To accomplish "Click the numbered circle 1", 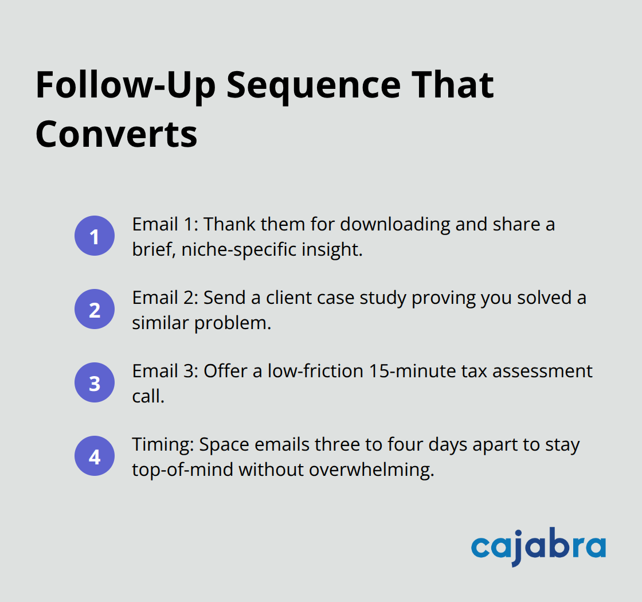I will click(95, 236).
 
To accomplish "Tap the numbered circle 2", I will click(95, 309).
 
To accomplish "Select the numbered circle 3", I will click(95, 382).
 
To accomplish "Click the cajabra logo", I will click(538, 546).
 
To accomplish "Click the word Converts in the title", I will click(116, 134).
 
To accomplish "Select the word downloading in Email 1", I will click(395, 224).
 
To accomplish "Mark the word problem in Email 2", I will click(232, 323).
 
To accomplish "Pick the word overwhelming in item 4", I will click(371, 470).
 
